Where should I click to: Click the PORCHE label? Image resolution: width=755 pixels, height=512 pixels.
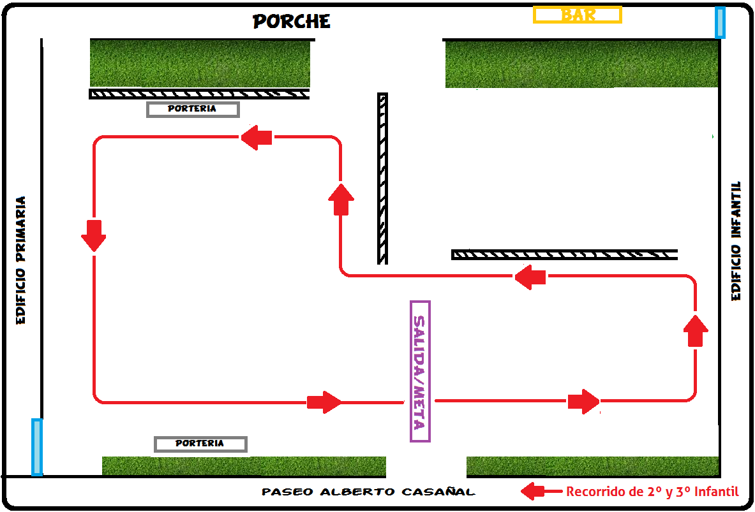[x=292, y=22]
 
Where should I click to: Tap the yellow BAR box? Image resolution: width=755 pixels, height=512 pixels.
[x=578, y=15]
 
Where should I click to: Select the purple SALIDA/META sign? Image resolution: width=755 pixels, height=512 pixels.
[x=420, y=371]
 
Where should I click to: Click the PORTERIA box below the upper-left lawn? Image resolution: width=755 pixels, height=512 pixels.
[x=193, y=109]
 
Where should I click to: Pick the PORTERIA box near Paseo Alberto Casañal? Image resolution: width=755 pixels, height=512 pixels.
[x=200, y=444]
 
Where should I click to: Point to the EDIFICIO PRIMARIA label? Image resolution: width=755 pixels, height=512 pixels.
[x=21, y=260]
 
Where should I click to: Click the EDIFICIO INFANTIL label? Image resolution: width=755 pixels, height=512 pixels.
[x=736, y=241]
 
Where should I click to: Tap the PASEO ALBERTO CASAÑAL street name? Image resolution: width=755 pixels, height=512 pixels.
[x=368, y=492]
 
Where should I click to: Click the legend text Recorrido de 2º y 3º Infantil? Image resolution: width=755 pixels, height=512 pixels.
[x=652, y=492]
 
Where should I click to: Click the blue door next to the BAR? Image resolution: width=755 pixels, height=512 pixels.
[x=720, y=22]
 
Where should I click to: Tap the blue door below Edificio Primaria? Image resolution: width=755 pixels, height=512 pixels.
[x=37, y=447]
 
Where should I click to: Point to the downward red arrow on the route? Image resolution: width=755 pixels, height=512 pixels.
[x=94, y=235]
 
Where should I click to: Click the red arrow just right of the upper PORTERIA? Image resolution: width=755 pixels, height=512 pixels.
[x=257, y=137]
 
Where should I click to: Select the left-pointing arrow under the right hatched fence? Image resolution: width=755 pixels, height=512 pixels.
[x=530, y=277]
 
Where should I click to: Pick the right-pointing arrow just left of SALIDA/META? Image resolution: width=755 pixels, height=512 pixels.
[x=324, y=402]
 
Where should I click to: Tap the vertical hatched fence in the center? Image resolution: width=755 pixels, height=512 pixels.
[x=382, y=179]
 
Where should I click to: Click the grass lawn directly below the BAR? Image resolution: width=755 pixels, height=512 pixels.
[x=581, y=64]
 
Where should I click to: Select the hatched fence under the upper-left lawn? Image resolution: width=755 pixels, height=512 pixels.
[x=199, y=94]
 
